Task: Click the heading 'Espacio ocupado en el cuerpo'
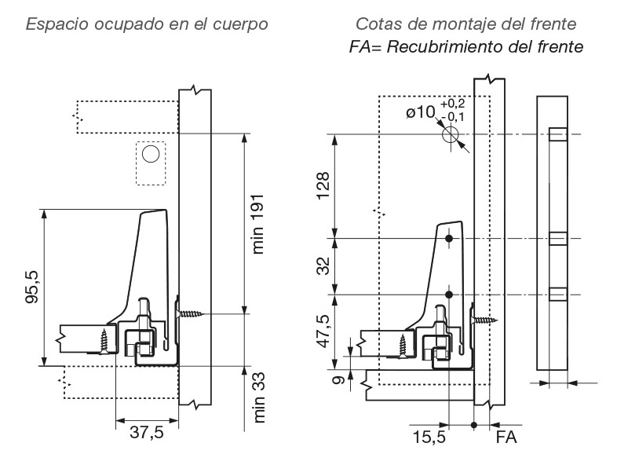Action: (148, 24)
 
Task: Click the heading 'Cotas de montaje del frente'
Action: (465, 24)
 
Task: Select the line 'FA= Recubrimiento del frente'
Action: (465, 47)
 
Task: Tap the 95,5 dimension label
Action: (30, 287)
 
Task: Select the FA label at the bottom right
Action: (506, 434)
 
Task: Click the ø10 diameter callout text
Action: (420, 112)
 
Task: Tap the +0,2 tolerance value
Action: (452, 104)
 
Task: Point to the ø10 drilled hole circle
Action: (450, 134)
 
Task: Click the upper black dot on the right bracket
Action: (449, 238)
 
